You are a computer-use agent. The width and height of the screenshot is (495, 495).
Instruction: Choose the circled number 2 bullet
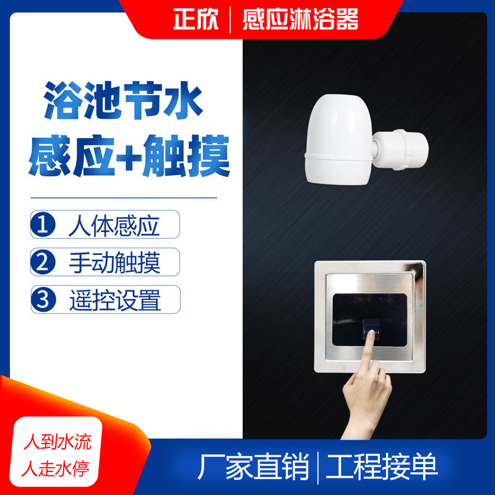[43, 262]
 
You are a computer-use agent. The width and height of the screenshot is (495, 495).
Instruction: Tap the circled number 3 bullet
[43, 299]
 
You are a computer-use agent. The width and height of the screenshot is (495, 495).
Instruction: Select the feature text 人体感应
[114, 226]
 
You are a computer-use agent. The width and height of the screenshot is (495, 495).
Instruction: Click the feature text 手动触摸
[114, 263]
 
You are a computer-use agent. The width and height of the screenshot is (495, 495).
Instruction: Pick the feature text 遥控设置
[114, 300]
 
